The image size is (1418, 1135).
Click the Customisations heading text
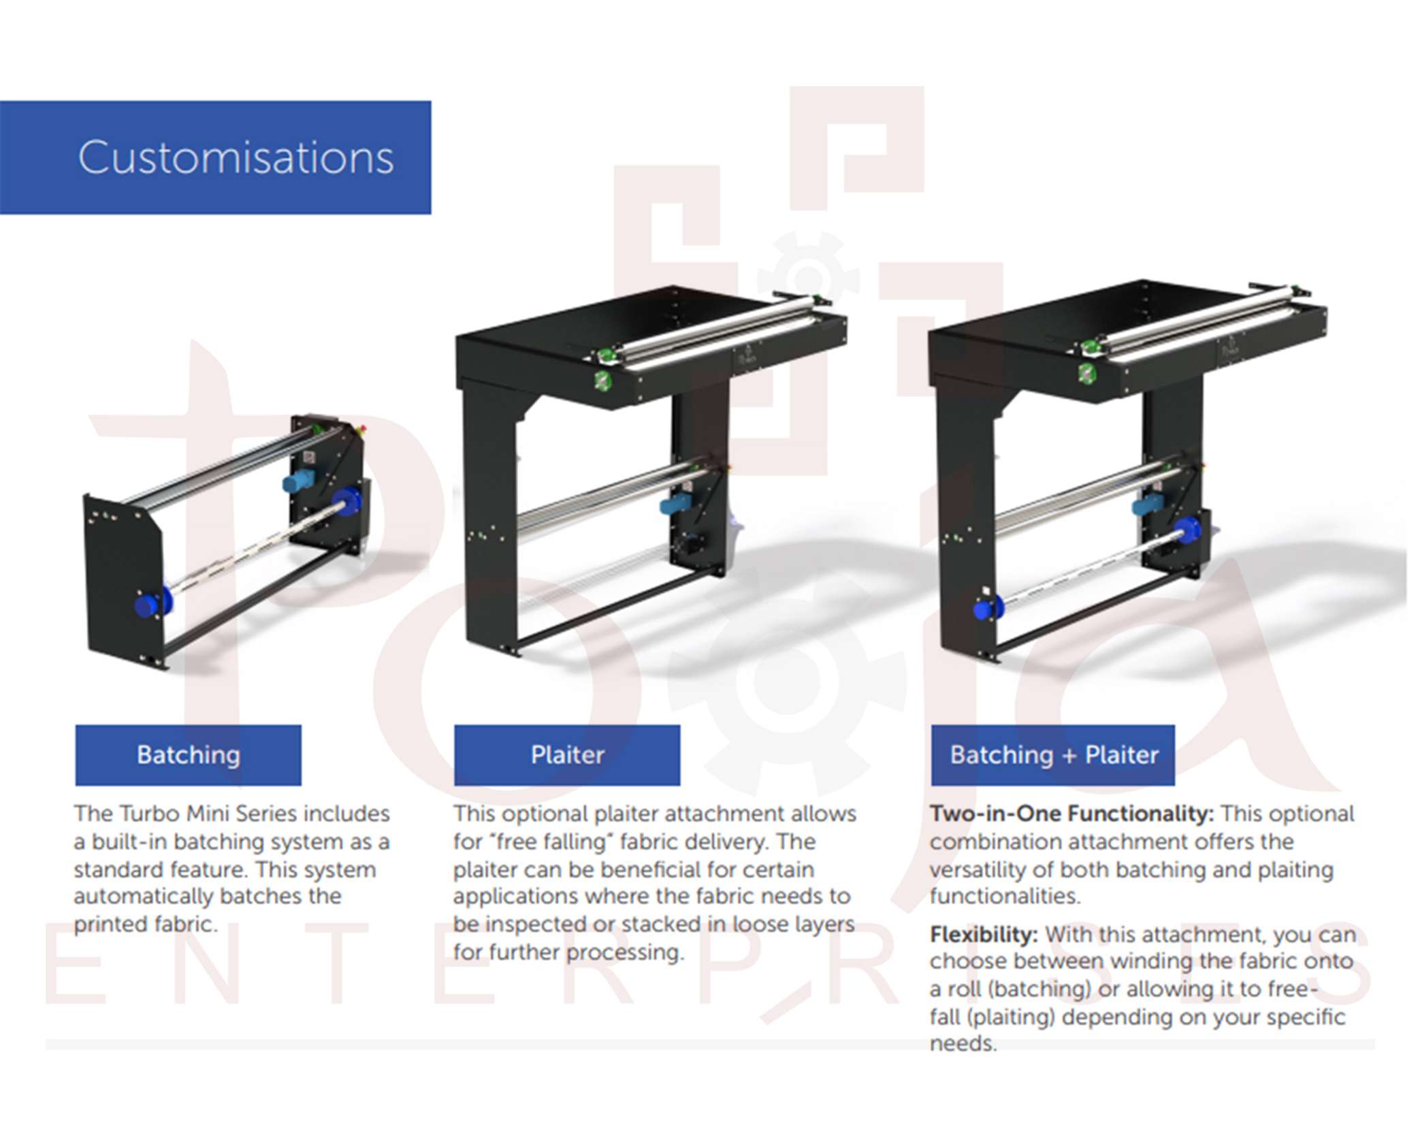click(236, 157)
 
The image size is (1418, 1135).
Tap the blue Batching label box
click(189, 754)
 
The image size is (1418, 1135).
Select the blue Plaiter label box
click(567, 754)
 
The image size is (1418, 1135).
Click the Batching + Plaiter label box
click(1053, 754)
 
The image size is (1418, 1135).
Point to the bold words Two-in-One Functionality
click(1071, 814)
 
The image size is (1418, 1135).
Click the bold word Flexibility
click(984, 934)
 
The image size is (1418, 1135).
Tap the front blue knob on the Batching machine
click(148, 605)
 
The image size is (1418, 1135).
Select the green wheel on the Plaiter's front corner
click(602, 379)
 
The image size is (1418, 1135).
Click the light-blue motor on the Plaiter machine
click(676, 505)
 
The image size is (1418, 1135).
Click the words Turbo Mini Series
click(208, 814)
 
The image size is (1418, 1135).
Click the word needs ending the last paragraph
click(963, 1044)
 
